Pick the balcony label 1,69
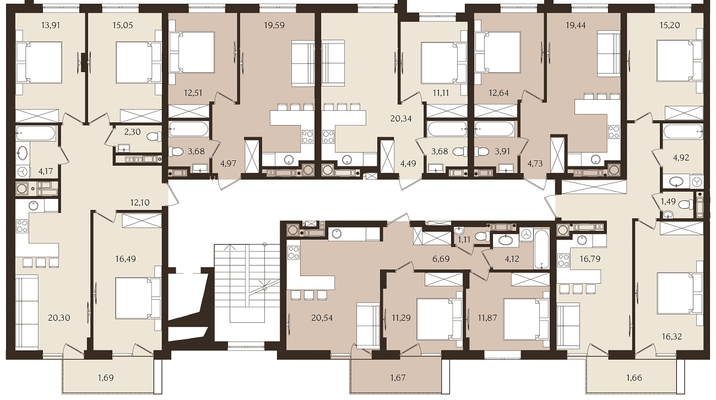pyautogui.click(x=106, y=377)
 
